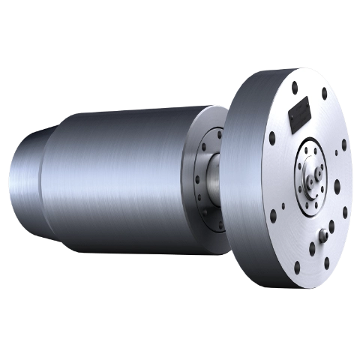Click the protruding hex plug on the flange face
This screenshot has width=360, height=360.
[x=327, y=232]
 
